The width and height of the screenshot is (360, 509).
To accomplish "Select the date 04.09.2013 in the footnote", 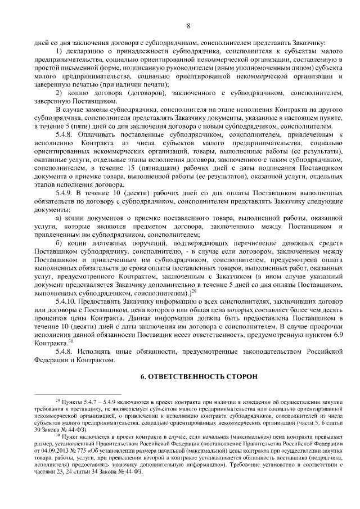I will (48, 448).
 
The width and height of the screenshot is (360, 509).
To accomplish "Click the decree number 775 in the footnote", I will (82, 448).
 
